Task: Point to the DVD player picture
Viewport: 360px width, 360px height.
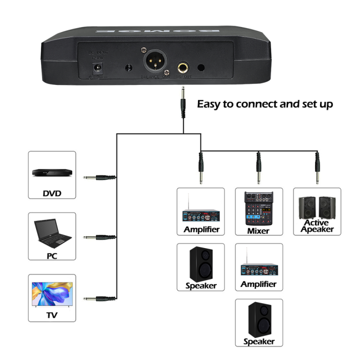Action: [51, 171]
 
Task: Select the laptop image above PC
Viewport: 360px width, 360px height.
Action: [51, 233]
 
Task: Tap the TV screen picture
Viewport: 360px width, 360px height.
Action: [51, 294]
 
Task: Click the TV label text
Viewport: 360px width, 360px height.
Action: [51, 315]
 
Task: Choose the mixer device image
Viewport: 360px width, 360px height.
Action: [258, 207]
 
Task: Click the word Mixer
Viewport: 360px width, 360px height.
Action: [258, 230]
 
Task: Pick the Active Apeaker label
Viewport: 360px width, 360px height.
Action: [316, 226]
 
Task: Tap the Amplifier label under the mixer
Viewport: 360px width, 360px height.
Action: [258, 284]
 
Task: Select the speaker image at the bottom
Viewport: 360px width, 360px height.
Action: [258, 318]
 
